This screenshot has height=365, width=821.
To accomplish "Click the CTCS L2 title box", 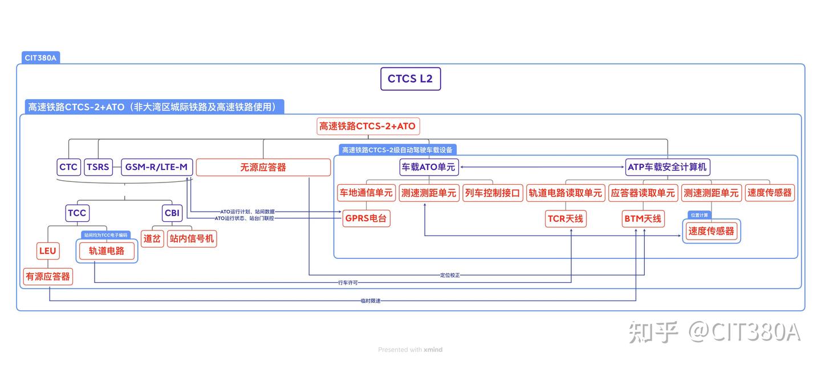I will click(410, 79).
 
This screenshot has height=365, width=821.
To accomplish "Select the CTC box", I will click(68, 167).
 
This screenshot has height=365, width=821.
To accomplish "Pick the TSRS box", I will click(98, 167).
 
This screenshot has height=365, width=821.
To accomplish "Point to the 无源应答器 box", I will click(263, 167).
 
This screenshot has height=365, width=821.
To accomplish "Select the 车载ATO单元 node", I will click(429, 167).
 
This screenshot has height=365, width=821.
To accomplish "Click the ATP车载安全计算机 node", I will click(667, 167).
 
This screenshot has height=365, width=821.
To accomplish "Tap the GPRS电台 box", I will click(367, 218).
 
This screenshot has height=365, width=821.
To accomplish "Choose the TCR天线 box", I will click(566, 218).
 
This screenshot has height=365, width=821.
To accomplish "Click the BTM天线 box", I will click(643, 218).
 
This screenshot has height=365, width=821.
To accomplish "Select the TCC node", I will click(77, 213).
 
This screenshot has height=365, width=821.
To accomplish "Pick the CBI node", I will click(172, 213).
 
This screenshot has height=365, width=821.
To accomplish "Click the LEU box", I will click(48, 250).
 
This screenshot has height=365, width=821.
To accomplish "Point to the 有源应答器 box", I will click(48, 276).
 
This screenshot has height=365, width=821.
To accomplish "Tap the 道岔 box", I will click(152, 238).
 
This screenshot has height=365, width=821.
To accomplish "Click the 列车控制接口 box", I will click(493, 193).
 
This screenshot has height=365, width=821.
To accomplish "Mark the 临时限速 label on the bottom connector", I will click(370, 301).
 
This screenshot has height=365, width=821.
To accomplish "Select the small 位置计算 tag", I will click(699, 215).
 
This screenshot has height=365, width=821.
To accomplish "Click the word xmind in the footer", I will click(433, 350).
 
